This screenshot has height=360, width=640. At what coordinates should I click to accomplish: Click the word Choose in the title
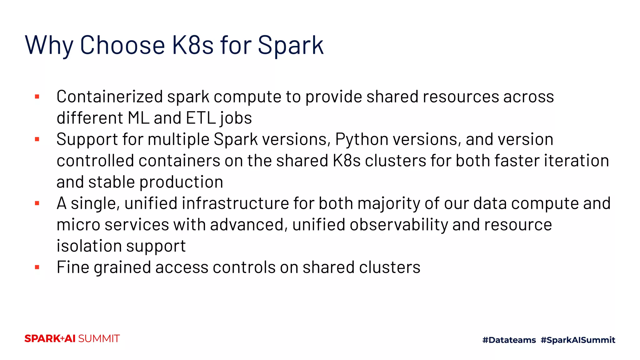tap(122, 45)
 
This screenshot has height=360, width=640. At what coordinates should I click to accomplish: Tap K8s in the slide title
tap(192, 45)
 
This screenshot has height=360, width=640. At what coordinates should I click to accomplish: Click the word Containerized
tap(110, 97)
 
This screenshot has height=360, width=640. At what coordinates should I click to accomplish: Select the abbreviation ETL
tap(201, 118)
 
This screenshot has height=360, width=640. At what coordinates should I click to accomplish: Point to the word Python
tap(362, 139)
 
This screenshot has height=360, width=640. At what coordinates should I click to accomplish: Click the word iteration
tap(577, 161)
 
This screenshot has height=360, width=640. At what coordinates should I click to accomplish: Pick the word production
tap(181, 182)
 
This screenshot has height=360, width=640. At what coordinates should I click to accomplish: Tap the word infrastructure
tap(236, 203)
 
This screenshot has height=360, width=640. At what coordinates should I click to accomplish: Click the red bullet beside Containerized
tap(37, 97)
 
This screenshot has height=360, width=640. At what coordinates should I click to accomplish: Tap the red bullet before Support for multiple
tap(37, 139)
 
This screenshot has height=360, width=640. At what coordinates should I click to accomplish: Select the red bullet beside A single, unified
tap(37, 203)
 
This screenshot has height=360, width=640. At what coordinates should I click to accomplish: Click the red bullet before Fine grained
tap(37, 267)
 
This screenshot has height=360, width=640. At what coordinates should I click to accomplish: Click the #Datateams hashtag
tap(509, 340)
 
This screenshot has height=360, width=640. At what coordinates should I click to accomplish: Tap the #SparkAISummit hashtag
tap(578, 340)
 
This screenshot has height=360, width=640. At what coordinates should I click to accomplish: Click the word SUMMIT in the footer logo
tap(99, 339)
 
